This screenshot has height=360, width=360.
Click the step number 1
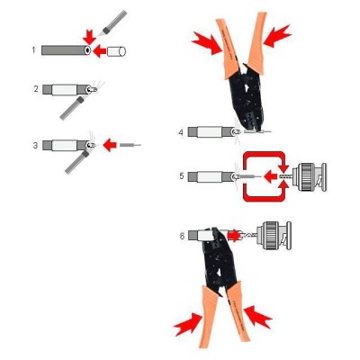pos(33,49)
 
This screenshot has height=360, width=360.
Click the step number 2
pos(36,89)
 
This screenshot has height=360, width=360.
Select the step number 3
pos(35,146)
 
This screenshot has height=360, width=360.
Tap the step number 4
pos(181,132)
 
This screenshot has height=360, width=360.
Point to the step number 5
pos(182,175)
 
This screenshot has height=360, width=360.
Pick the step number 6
pos(182,236)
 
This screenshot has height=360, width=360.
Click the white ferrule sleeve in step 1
pos(116,51)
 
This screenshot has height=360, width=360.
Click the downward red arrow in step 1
pos(89,37)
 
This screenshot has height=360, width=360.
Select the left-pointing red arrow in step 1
pos(100,51)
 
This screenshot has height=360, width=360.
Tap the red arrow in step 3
pos(110,145)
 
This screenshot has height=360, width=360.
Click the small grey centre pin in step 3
pos(130,145)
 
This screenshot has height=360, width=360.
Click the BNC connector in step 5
pos(309,177)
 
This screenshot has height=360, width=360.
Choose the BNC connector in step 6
pos(274,236)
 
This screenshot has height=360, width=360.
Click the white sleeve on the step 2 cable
pos(65,90)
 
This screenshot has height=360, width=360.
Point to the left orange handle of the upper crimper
pos(228,48)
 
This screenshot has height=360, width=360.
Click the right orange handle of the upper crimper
pos(257,43)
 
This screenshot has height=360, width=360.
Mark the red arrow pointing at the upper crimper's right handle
pos(276,36)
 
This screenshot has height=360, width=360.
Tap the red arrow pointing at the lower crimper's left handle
pos(188,324)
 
